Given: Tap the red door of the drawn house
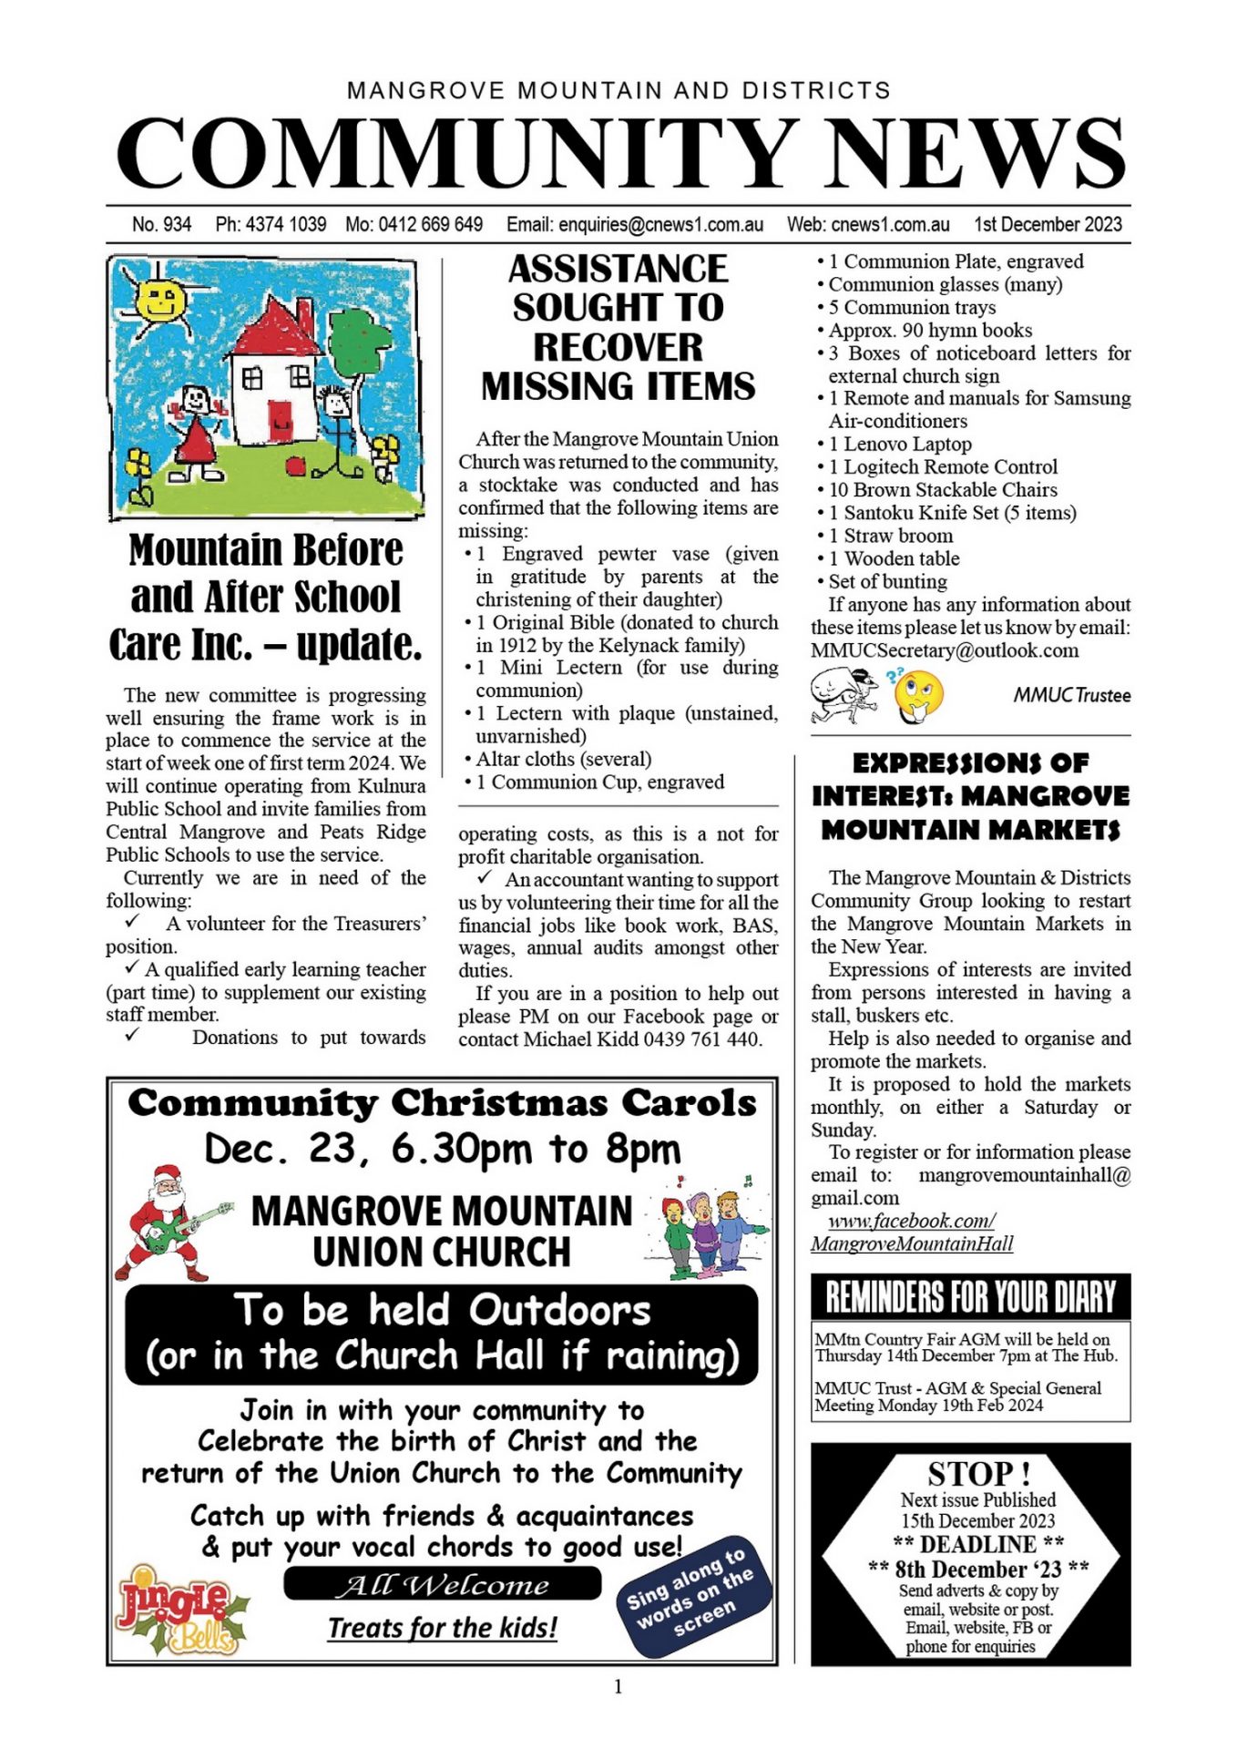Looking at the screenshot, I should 279,419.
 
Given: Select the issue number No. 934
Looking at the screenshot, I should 161,224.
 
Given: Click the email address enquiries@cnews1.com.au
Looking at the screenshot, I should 635,224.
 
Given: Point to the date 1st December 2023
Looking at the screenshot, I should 1048,224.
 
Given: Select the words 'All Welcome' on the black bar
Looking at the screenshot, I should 443,1585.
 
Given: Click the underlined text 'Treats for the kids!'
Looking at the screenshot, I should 443,1628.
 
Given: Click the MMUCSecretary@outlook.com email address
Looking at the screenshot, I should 945,650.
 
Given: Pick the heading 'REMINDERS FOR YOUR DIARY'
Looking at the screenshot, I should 970,1296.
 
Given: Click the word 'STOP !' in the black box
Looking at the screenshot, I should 978,1472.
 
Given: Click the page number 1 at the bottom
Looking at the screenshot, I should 618,1687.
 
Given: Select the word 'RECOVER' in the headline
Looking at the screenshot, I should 618,347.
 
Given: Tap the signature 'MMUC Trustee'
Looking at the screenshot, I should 1072,695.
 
